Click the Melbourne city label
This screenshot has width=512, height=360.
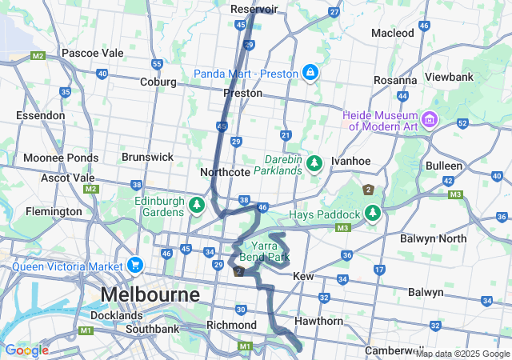[x=150, y=294]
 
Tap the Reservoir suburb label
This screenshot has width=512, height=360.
[x=254, y=9]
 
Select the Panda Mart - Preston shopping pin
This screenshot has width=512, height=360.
[x=310, y=74]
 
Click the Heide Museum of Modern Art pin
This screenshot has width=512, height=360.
[x=430, y=120]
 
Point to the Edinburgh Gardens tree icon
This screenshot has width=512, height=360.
[x=196, y=206]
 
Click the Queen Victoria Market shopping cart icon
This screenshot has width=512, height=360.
[x=134, y=265]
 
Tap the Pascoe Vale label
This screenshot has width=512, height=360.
[x=93, y=53]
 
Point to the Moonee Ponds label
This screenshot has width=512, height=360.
[x=61, y=158]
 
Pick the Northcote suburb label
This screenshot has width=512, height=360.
[x=225, y=172]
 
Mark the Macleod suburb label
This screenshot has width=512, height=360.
[x=393, y=33]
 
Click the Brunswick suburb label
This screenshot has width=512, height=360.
[x=147, y=158]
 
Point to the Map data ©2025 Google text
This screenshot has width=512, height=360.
[x=462, y=354]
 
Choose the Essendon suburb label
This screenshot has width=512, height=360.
[x=39, y=115]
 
